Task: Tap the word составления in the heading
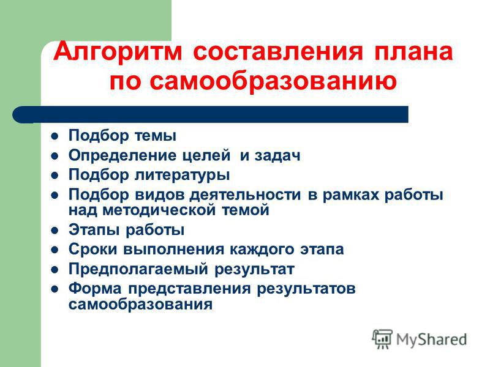tap(278, 52)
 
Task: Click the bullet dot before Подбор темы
tap(55, 136)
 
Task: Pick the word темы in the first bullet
tap(156, 136)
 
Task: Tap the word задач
tap(277, 155)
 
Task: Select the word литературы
tap(182, 175)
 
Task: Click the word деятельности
tap(246, 195)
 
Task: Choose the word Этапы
tap(94, 230)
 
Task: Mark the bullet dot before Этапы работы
tap(55, 231)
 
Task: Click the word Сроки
tap(93, 250)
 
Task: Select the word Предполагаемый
tap(138, 269)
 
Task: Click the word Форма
tap(95, 288)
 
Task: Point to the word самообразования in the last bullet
tap(141, 304)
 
